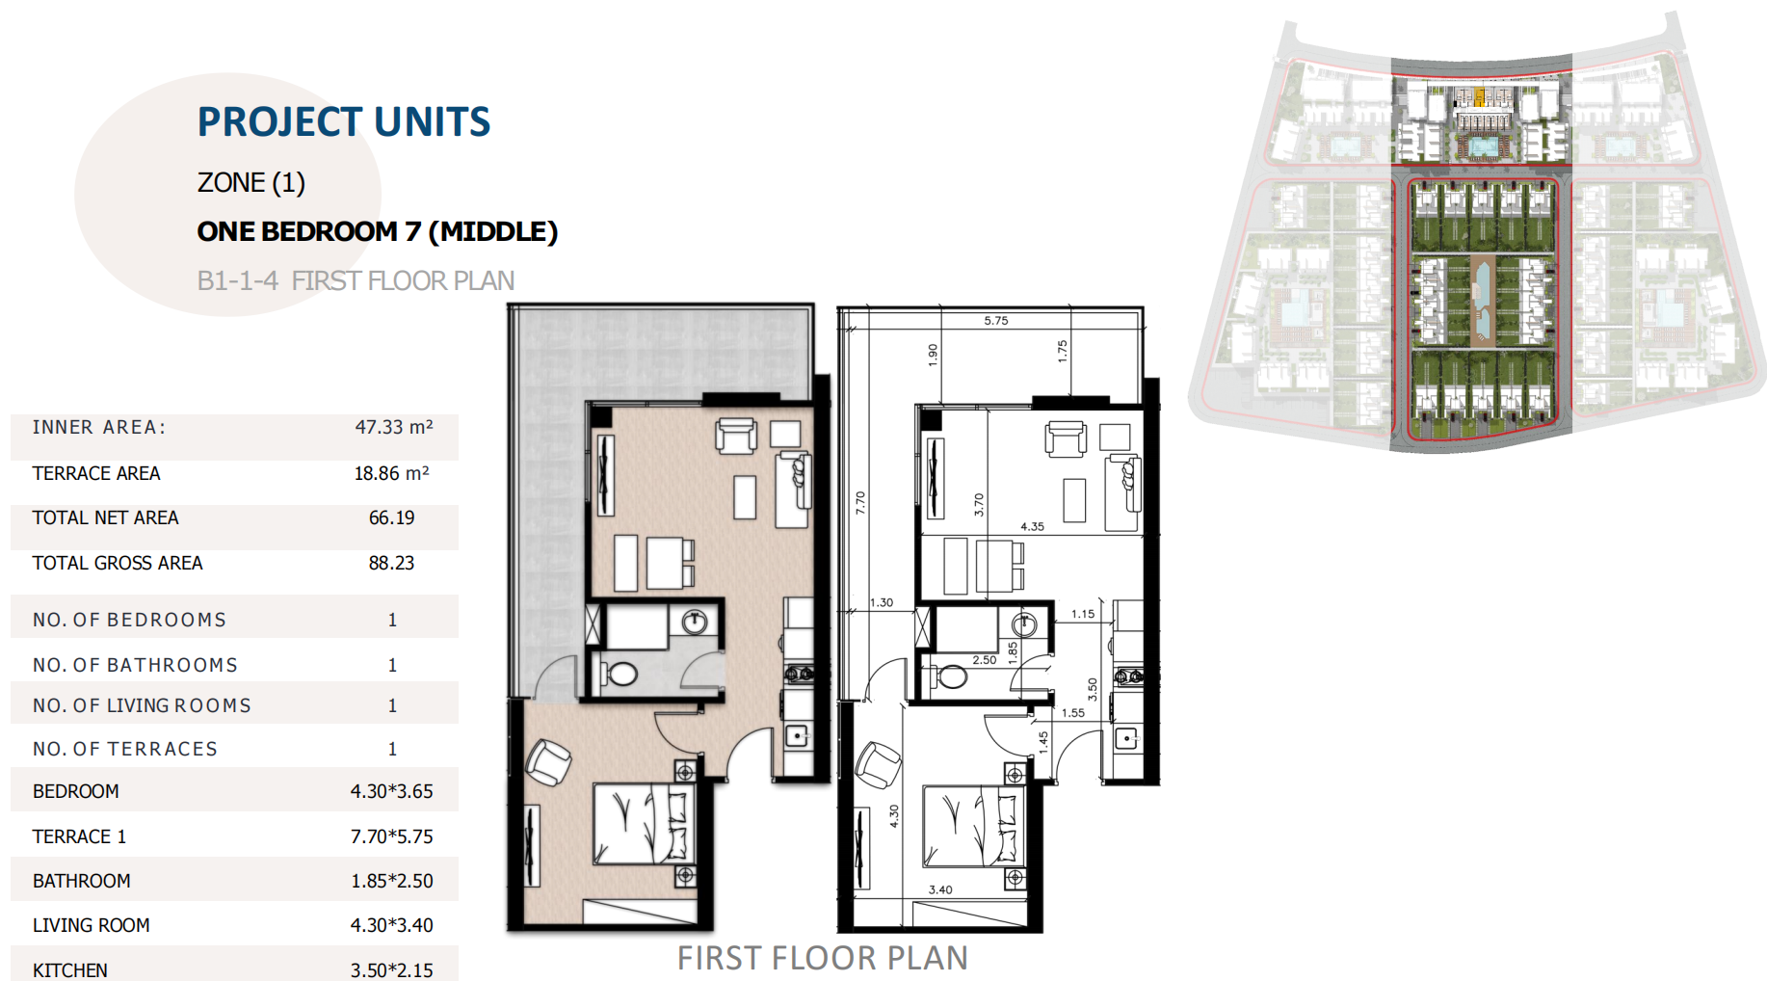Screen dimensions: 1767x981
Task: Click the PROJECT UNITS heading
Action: (x=344, y=122)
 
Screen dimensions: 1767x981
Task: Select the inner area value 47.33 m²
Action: (x=394, y=427)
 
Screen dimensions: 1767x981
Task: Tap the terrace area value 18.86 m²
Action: (x=391, y=473)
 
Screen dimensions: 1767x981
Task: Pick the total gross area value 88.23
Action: (x=391, y=563)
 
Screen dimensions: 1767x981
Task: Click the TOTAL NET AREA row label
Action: (x=105, y=517)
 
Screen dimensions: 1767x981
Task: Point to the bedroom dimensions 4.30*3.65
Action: (x=391, y=791)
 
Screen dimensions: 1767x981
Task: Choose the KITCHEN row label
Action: (x=69, y=970)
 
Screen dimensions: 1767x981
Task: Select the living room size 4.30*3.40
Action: (x=391, y=925)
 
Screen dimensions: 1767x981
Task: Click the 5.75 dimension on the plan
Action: (x=996, y=321)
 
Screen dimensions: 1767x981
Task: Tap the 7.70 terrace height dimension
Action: (x=860, y=502)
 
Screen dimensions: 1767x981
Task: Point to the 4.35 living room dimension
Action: (x=1032, y=526)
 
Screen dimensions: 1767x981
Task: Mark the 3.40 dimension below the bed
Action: (x=940, y=889)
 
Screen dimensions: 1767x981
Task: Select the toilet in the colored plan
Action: (x=620, y=673)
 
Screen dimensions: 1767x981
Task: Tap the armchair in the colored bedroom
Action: (x=548, y=761)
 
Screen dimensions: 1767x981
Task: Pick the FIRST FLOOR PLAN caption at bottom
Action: (x=823, y=958)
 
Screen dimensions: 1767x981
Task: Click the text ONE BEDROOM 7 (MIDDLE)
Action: (x=378, y=231)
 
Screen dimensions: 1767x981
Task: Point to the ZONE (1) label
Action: (x=251, y=182)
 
